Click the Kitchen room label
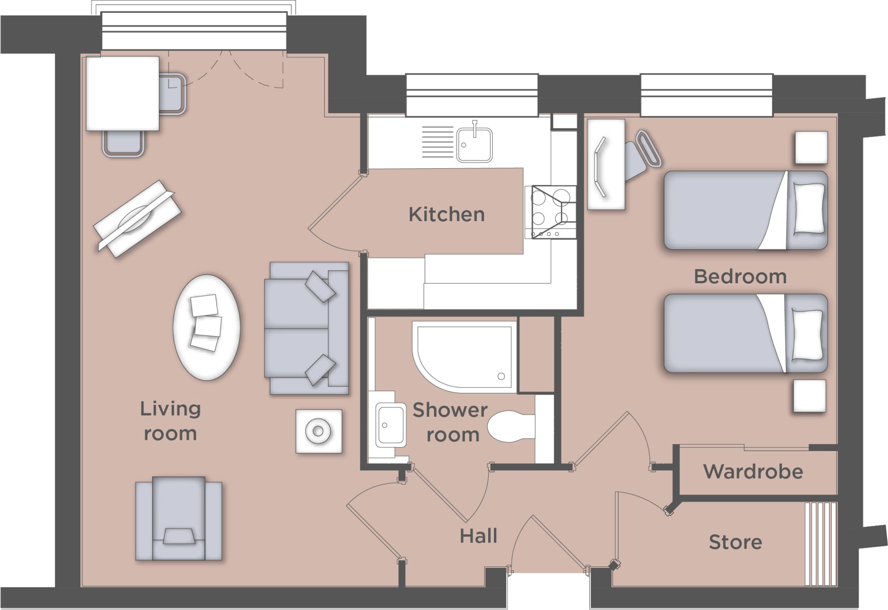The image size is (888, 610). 446,214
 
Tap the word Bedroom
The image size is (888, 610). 740,277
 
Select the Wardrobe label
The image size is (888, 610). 753,471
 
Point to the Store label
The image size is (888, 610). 735,542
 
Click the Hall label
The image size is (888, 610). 478,536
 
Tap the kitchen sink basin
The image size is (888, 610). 474,144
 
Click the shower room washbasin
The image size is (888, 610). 391,425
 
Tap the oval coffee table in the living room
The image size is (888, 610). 206,328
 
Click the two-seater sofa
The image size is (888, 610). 306,329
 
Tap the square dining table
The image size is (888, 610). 122,93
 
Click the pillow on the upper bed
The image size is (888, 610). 809,209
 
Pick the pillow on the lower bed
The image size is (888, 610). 807,334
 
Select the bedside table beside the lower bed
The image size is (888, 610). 809,396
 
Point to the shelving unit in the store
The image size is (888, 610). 821,544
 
